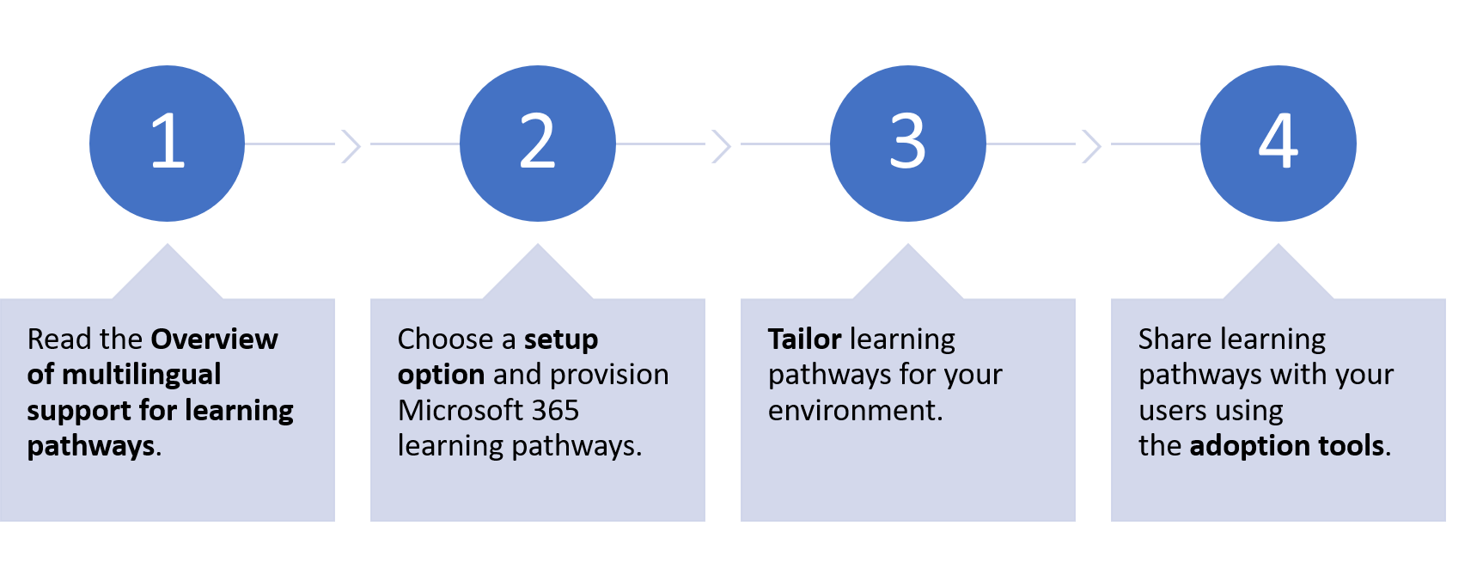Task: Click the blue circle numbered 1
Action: [x=167, y=144]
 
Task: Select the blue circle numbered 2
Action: [x=538, y=144]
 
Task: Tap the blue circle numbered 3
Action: [x=908, y=144]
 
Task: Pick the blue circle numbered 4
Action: [x=1279, y=144]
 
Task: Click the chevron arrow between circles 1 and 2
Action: [x=351, y=145]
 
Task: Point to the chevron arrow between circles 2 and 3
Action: [x=721, y=145]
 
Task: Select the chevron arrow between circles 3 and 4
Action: [x=1091, y=145]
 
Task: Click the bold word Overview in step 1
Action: [x=215, y=339]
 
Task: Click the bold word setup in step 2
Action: [x=560, y=339]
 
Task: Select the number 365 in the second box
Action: [x=555, y=411]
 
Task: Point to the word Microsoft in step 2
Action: [x=460, y=411]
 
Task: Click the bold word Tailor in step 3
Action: [x=804, y=339]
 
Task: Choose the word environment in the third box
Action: [x=851, y=411]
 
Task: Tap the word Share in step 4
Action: [x=1175, y=339]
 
